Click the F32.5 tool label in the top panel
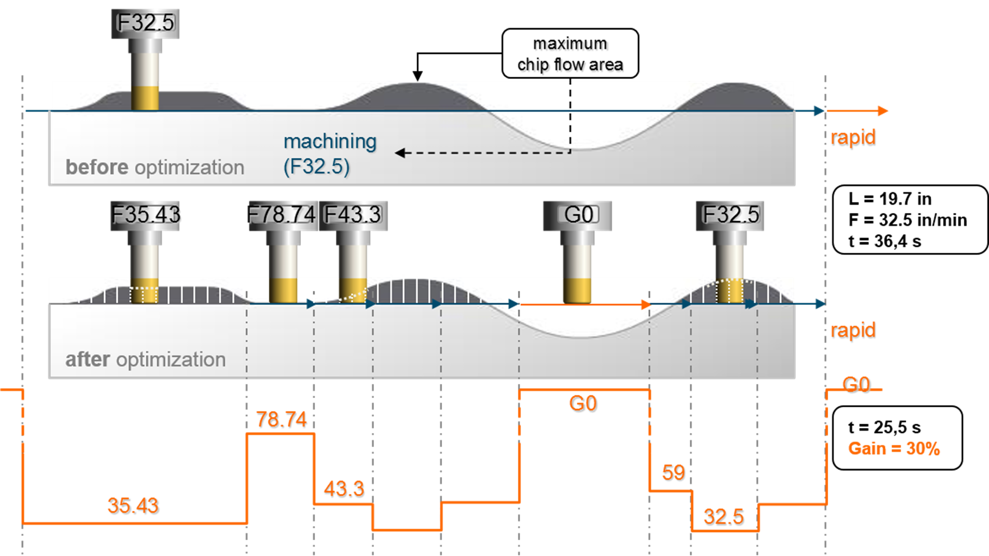[146, 23]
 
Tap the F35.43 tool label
[146, 215]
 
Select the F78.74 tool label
[282, 215]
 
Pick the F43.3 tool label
[353, 215]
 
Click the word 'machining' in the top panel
[330, 142]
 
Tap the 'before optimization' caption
[155, 167]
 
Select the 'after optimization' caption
[146, 359]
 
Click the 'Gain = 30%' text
[894, 448]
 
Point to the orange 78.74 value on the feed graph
[282, 420]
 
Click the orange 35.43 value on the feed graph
[134, 506]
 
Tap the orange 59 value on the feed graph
[674, 473]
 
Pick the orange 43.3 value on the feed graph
[344, 489]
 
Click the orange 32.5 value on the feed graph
[724, 517]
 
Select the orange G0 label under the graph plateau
[583, 404]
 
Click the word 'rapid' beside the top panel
[853, 138]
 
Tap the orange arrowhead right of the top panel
[883, 111]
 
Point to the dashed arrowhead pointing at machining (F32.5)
[400, 153]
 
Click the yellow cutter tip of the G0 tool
[577, 291]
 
